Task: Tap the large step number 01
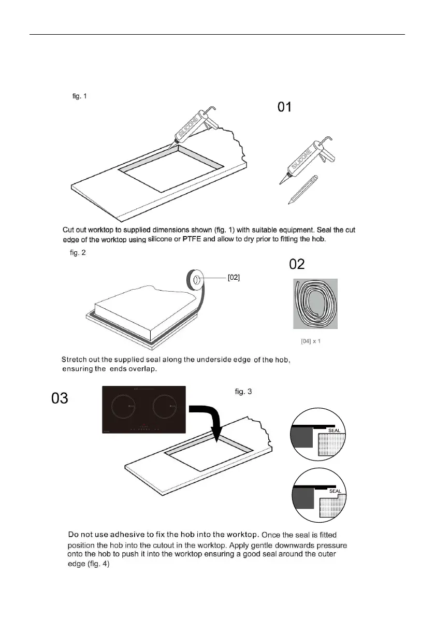pyautogui.click(x=285, y=107)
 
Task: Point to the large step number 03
pyautogui.click(x=65, y=399)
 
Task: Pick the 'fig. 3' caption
pyautogui.click(x=243, y=392)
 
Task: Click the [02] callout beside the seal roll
pyautogui.click(x=234, y=278)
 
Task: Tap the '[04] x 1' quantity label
pyautogui.click(x=311, y=341)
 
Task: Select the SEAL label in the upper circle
pyautogui.click(x=335, y=430)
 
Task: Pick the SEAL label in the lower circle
pyautogui.click(x=335, y=491)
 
